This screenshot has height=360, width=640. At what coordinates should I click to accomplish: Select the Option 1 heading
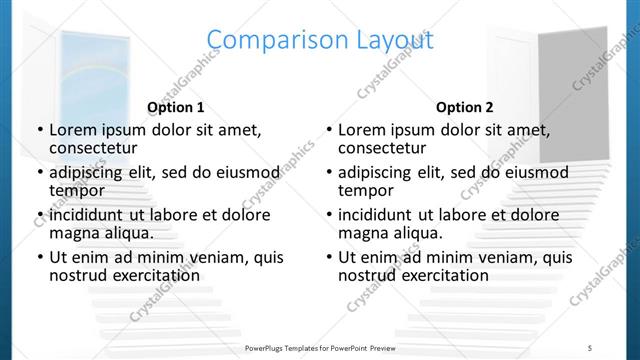coord(176,107)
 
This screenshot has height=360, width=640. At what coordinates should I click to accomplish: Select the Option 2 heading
coord(465,107)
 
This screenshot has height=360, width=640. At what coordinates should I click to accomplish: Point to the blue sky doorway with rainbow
coord(90,80)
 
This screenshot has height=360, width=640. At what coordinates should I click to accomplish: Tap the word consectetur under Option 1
coord(96,148)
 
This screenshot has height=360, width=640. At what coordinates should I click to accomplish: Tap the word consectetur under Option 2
coord(385,148)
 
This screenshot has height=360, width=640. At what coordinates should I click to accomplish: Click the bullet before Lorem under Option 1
coord(38,130)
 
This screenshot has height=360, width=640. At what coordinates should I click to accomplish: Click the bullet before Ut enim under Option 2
coord(327,257)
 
